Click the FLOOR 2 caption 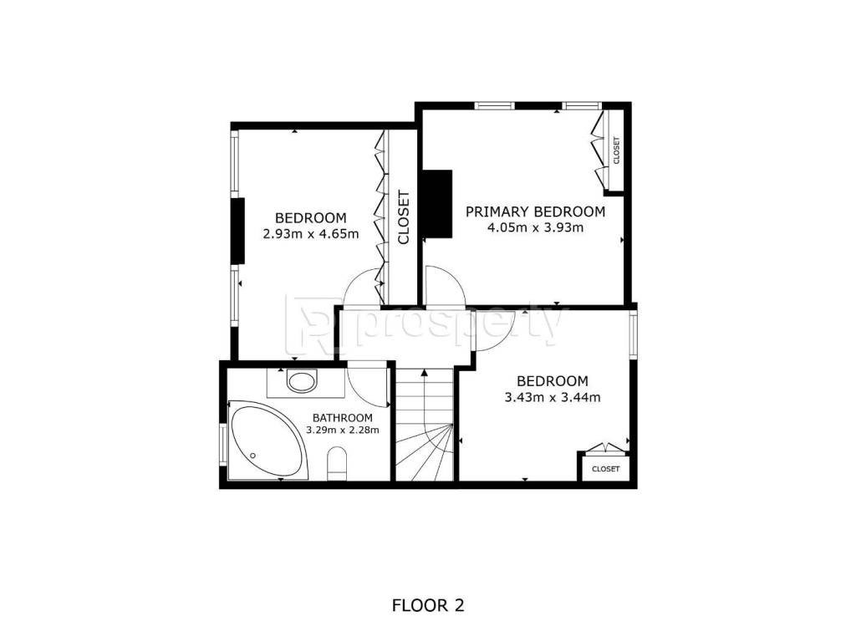point(428,605)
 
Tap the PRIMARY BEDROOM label point(535,211)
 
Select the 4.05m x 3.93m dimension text point(535,227)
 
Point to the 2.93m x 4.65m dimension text point(311,234)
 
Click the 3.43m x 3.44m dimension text point(553,397)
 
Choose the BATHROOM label point(342,418)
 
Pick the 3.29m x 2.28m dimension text point(342,430)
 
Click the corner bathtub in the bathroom point(267,441)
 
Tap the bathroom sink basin point(302,381)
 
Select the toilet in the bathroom point(337,464)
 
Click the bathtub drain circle point(252,456)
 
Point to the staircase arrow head point(424,373)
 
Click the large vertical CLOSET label point(404,217)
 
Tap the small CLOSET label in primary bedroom point(616,150)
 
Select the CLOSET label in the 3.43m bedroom point(605,469)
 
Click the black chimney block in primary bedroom point(437,204)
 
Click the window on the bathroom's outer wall point(223,445)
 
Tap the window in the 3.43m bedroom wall point(634,334)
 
